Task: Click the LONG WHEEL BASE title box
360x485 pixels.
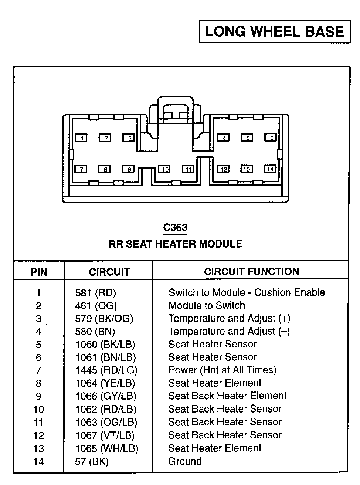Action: (x=275, y=31)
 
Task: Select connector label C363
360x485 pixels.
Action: (x=175, y=227)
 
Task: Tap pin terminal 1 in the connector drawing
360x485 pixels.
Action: (x=81, y=138)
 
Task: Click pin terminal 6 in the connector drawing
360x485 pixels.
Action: (x=271, y=138)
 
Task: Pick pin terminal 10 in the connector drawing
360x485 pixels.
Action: (x=164, y=169)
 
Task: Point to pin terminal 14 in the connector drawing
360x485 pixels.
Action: (x=271, y=169)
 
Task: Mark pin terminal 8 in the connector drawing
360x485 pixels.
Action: (x=105, y=169)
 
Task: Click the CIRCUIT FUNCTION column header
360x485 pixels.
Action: (x=251, y=272)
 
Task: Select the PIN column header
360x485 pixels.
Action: (x=39, y=272)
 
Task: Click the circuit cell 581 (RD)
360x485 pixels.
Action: (x=95, y=293)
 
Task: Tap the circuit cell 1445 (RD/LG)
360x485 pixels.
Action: (x=106, y=370)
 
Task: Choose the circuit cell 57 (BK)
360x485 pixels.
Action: (x=92, y=461)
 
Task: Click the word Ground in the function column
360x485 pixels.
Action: (x=185, y=461)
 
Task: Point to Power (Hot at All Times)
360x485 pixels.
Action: (x=222, y=370)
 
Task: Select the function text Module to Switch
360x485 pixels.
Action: (x=207, y=306)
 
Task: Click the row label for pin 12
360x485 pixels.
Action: (x=38, y=435)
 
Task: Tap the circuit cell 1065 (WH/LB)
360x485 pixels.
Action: (x=106, y=448)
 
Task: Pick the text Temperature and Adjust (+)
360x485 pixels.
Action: (x=229, y=318)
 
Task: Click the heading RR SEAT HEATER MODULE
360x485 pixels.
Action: (x=176, y=244)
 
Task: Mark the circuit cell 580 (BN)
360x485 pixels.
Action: (x=95, y=332)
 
